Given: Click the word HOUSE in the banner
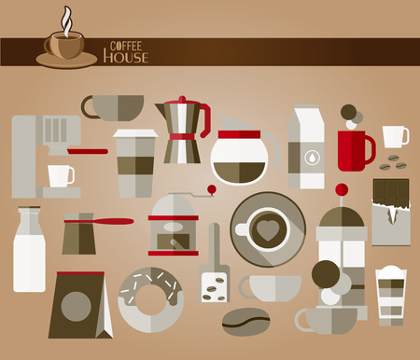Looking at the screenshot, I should (125, 57).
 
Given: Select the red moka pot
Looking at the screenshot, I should (182, 131).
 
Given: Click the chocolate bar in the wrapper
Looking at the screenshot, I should (391, 211).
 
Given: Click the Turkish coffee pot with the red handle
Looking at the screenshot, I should (81, 234).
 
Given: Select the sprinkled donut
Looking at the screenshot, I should (151, 298).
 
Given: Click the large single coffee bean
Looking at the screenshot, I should (246, 320).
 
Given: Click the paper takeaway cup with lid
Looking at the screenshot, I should (134, 163).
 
